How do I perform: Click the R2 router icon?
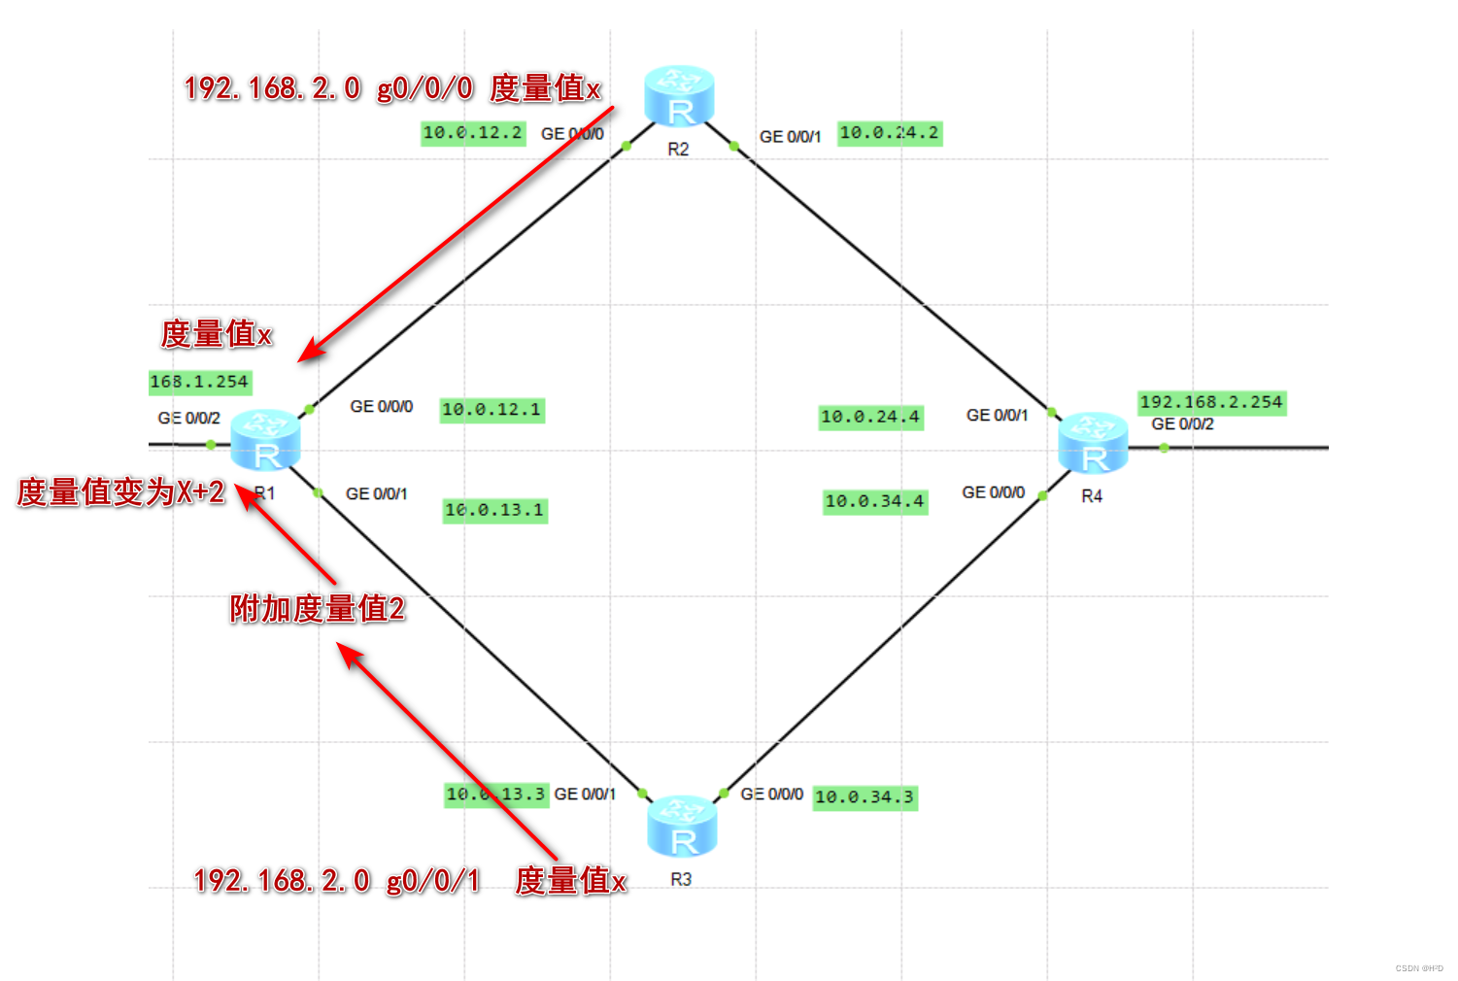tap(679, 97)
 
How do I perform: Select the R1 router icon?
tap(265, 442)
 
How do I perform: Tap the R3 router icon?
tap(682, 827)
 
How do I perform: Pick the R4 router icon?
tap(1093, 443)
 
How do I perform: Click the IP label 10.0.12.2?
tap(473, 133)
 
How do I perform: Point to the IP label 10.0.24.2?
tap(890, 133)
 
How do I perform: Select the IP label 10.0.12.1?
tap(492, 410)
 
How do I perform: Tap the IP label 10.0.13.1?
tap(494, 510)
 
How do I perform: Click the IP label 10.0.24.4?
tap(870, 417)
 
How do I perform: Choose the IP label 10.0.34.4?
tap(874, 501)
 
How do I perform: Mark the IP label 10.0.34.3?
tap(865, 797)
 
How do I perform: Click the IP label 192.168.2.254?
tap(1211, 402)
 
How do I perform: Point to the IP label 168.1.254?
tap(200, 382)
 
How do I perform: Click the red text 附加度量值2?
tap(317, 609)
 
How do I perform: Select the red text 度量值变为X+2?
tap(121, 491)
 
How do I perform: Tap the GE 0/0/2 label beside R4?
tap(1182, 424)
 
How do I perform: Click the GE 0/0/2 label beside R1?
tap(188, 419)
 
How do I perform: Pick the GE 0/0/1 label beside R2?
tap(790, 137)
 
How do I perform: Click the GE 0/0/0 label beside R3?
tap(771, 795)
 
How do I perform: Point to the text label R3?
tap(681, 879)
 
